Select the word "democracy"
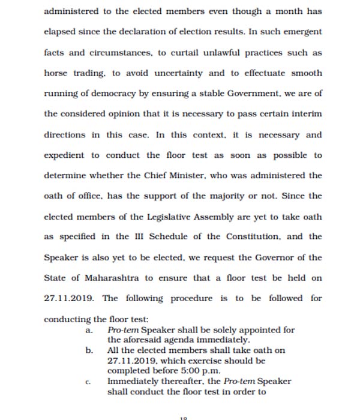(x=125, y=94)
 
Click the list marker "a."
(x=89, y=331)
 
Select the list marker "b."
(x=89, y=350)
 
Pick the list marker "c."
(x=89, y=382)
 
